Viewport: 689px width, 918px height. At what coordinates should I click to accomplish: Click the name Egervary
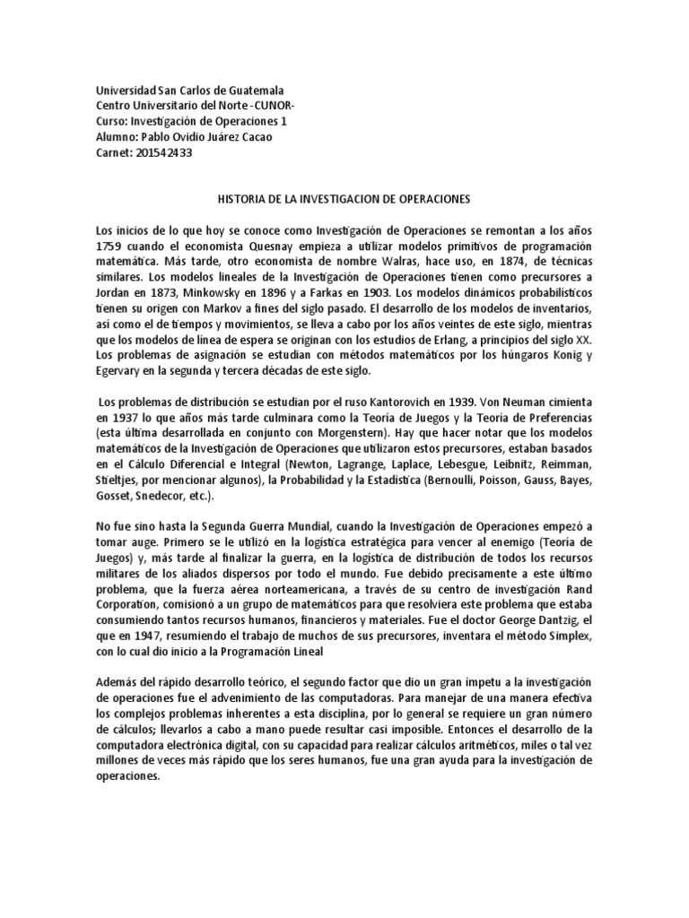(x=120, y=369)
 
